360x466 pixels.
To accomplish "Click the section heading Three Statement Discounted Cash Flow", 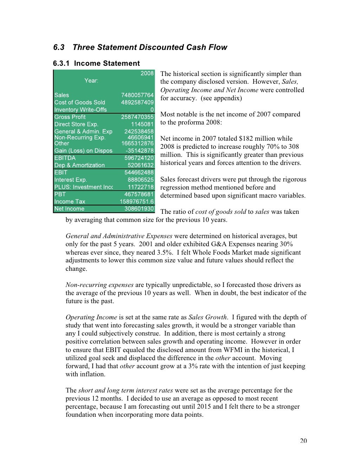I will pos(150,47).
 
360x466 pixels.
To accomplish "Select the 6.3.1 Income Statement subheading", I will pos(96,63).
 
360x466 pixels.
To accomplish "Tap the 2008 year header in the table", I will pos(147,73).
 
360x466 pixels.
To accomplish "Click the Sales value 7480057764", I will pos(137,95).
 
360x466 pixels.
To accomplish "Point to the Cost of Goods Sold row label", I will pos(79,102).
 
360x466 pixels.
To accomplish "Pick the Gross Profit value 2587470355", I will pos(137,117).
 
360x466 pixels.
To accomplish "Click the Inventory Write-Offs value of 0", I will pos(152,110).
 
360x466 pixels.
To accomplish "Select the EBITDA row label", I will pos(65,158).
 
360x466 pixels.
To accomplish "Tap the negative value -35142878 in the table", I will pos(140,151).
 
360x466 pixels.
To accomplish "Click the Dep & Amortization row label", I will pos(79,165).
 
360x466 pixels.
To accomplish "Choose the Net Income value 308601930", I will pos(139,209).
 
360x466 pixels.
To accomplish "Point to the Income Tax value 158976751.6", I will pos(137,202).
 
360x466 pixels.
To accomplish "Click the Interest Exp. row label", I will pos(70,180).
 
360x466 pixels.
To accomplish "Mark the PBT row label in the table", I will pos(60,194).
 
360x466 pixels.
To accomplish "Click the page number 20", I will pos(303,441).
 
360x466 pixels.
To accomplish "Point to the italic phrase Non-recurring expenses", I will pos(99,285).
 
